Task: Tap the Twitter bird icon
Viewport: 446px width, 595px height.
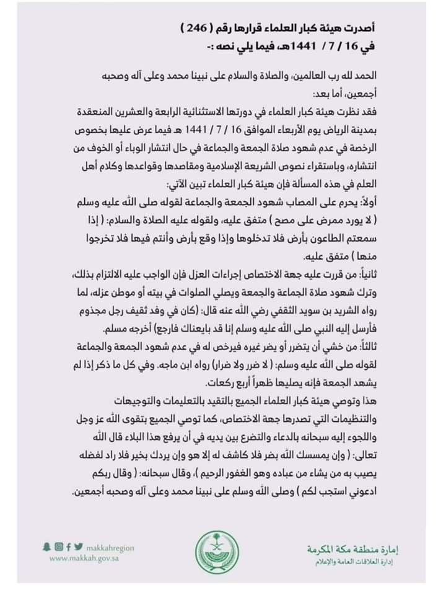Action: point(78,547)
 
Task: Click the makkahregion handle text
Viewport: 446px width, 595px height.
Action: point(109,547)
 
